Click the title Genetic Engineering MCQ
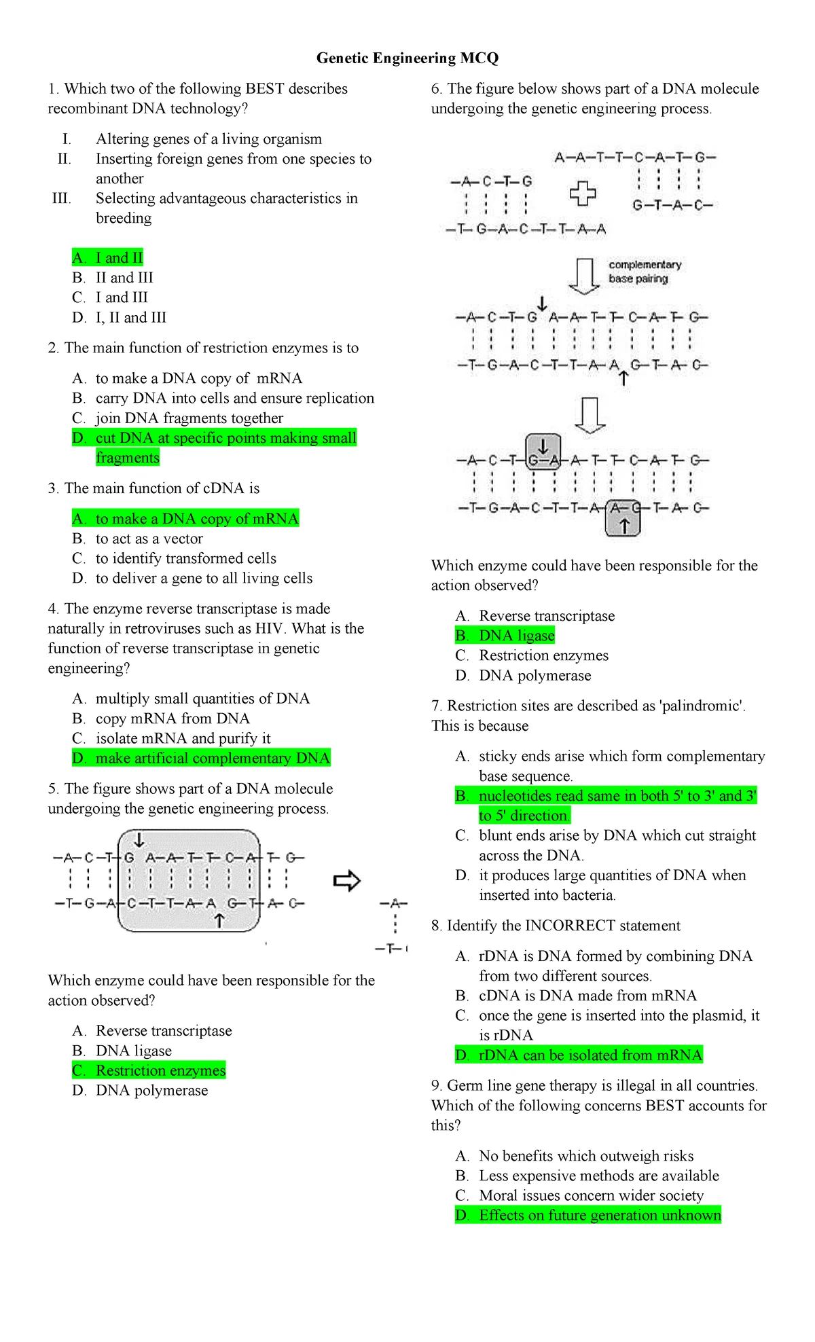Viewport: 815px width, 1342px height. (x=407, y=58)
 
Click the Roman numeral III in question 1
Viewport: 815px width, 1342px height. (x=61, y=198)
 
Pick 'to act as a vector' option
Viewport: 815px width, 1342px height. (x=149, y=539)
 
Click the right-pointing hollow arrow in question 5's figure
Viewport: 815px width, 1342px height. (x=347, y=882)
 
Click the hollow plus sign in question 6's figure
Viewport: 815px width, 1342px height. (x=583, y=194)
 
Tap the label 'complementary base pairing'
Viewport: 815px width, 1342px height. (x=644, y=272)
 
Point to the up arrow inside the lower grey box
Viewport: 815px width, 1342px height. (x=624, y=526)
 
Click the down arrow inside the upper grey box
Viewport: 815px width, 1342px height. (x=543, y=446)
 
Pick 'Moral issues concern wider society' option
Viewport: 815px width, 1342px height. (x=591, y=1195)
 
